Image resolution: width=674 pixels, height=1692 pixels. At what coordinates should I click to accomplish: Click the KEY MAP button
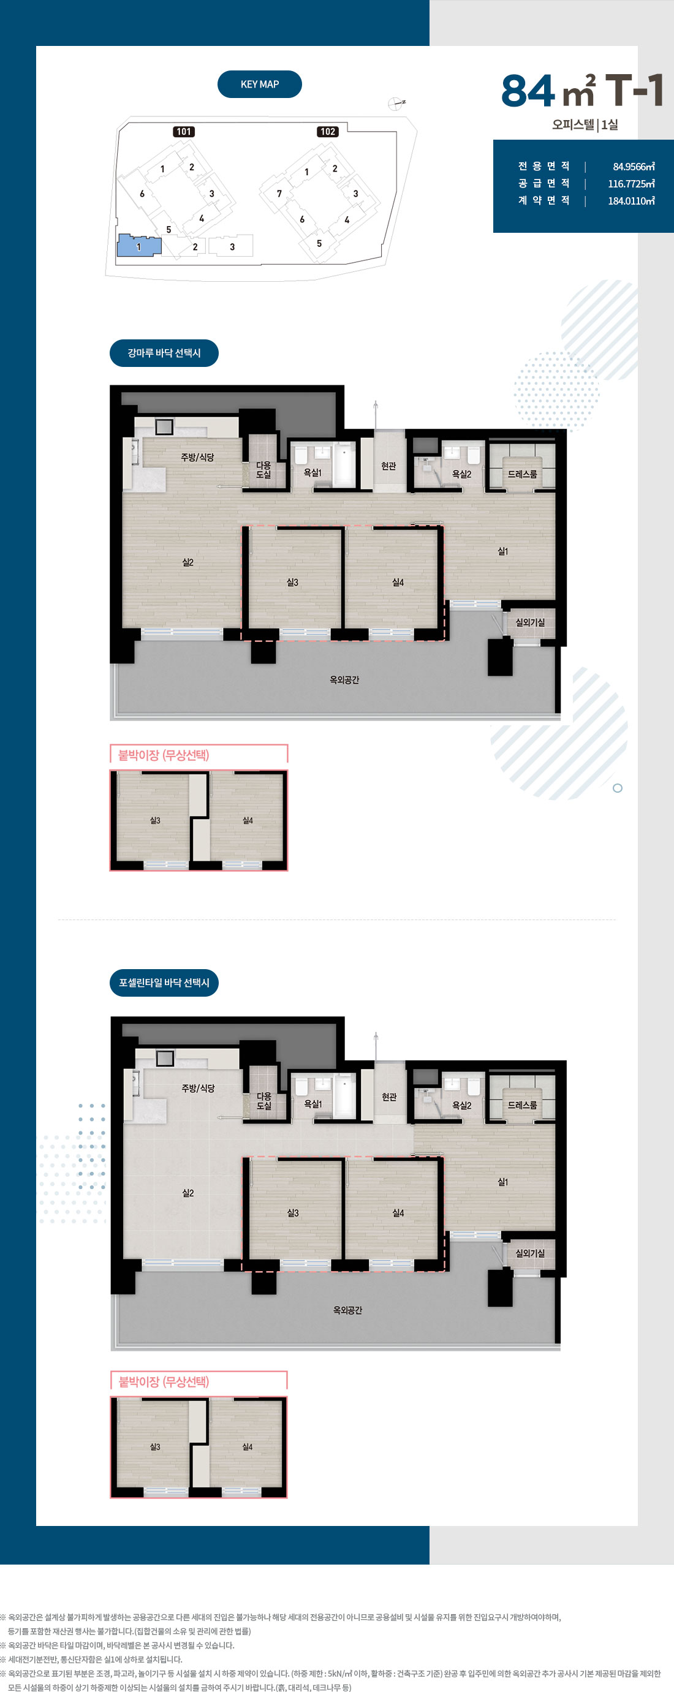pyautogui.click(x=259, y=84)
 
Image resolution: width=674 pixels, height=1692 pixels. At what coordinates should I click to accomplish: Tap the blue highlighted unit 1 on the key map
pyautogui.click(x=138, y=246)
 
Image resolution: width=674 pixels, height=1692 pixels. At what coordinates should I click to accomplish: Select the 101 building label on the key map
pyautogui.click(x=184, y=131)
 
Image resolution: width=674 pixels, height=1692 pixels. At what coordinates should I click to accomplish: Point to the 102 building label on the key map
pyautogui.click(x=328, y=131)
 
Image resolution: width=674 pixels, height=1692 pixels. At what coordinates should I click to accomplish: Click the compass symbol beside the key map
pyautogui.click(x=395, y=103)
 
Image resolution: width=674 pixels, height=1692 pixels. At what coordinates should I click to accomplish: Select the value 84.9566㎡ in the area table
pyautogui.click(x=634, y=167)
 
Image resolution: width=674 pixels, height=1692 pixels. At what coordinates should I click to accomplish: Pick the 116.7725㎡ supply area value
pyautogui.click(x=631, y=184)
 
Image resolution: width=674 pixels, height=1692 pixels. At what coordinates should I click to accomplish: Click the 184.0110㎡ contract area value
pyautogui.click(x=631, y=201)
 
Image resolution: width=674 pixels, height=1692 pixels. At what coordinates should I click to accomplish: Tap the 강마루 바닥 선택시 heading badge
pyautogui.click(x=164, y=353)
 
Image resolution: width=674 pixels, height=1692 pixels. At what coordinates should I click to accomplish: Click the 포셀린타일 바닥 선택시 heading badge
pyautogui.click(x=164, y=983)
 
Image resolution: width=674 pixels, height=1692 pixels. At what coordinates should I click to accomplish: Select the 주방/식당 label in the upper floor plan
pyautogui.click(x=198, y=457)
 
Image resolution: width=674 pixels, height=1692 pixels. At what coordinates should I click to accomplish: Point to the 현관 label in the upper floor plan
pyautogui.click(x=389, y=466)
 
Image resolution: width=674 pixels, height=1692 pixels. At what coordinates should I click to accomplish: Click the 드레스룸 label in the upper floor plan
pyautogui.click(x=522, y=474)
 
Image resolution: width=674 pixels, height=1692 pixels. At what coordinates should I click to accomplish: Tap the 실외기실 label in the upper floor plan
pyautogui.click(x=530, y=622)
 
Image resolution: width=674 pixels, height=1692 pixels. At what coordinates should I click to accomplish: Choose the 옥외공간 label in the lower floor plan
pyautogui.click(x=347, y=1310)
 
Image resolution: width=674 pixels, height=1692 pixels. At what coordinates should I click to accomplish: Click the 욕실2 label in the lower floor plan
pyautogui.click(x=462, y=1106)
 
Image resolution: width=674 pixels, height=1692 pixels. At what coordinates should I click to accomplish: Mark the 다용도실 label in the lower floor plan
pyautogui.click(x=264, y=1101)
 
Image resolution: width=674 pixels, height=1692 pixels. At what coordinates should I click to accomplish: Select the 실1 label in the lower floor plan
pyautogui.click(x=503, y=1182)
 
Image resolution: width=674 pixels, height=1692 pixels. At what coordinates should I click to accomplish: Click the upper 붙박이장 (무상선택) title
pyautogui.click(x=164, y=755)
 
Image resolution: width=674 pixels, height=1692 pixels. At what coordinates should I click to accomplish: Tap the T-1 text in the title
pyautogui.click(x=635, y=90)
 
